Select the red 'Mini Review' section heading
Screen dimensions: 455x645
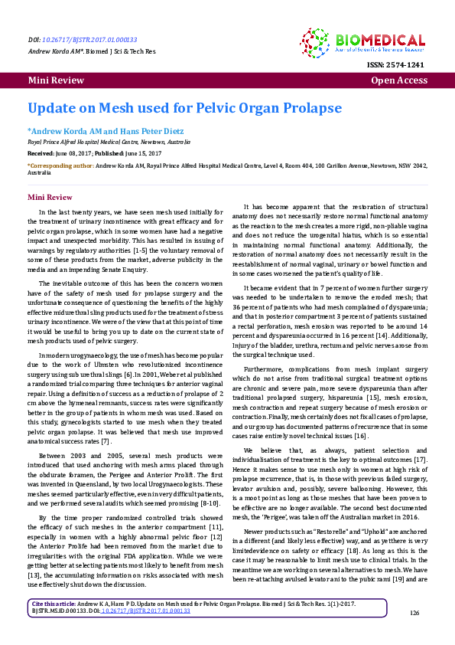click(50, 197)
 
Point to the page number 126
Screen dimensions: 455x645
click(415, 634)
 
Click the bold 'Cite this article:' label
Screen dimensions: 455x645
click(54, 626)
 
